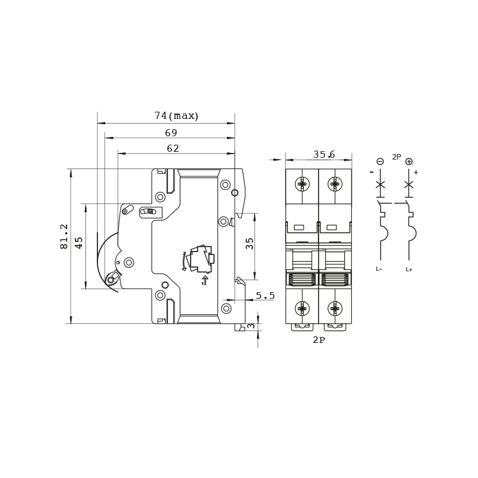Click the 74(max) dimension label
[x=176, y=115]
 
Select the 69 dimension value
[x=171, y=133]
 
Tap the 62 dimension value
[x=173, y=148]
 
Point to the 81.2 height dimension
[x=65, y=237]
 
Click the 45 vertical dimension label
[x=79, y=243]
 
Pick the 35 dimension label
[x=249, y=244]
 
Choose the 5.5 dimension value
[x=265, y=295]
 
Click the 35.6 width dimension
[x=324, y=154]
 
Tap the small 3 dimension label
[x=251, y=326]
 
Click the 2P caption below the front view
[x=319, y=340]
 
